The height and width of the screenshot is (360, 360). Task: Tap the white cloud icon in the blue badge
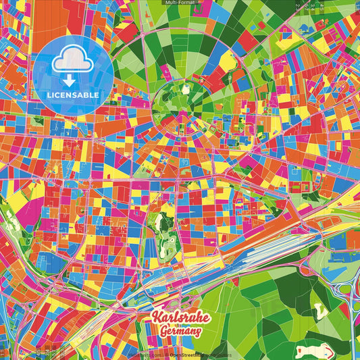tap(72, 59)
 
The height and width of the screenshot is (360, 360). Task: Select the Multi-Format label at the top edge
tap(180, 3)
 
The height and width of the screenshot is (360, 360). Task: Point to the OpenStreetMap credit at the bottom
tap(199, 355)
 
